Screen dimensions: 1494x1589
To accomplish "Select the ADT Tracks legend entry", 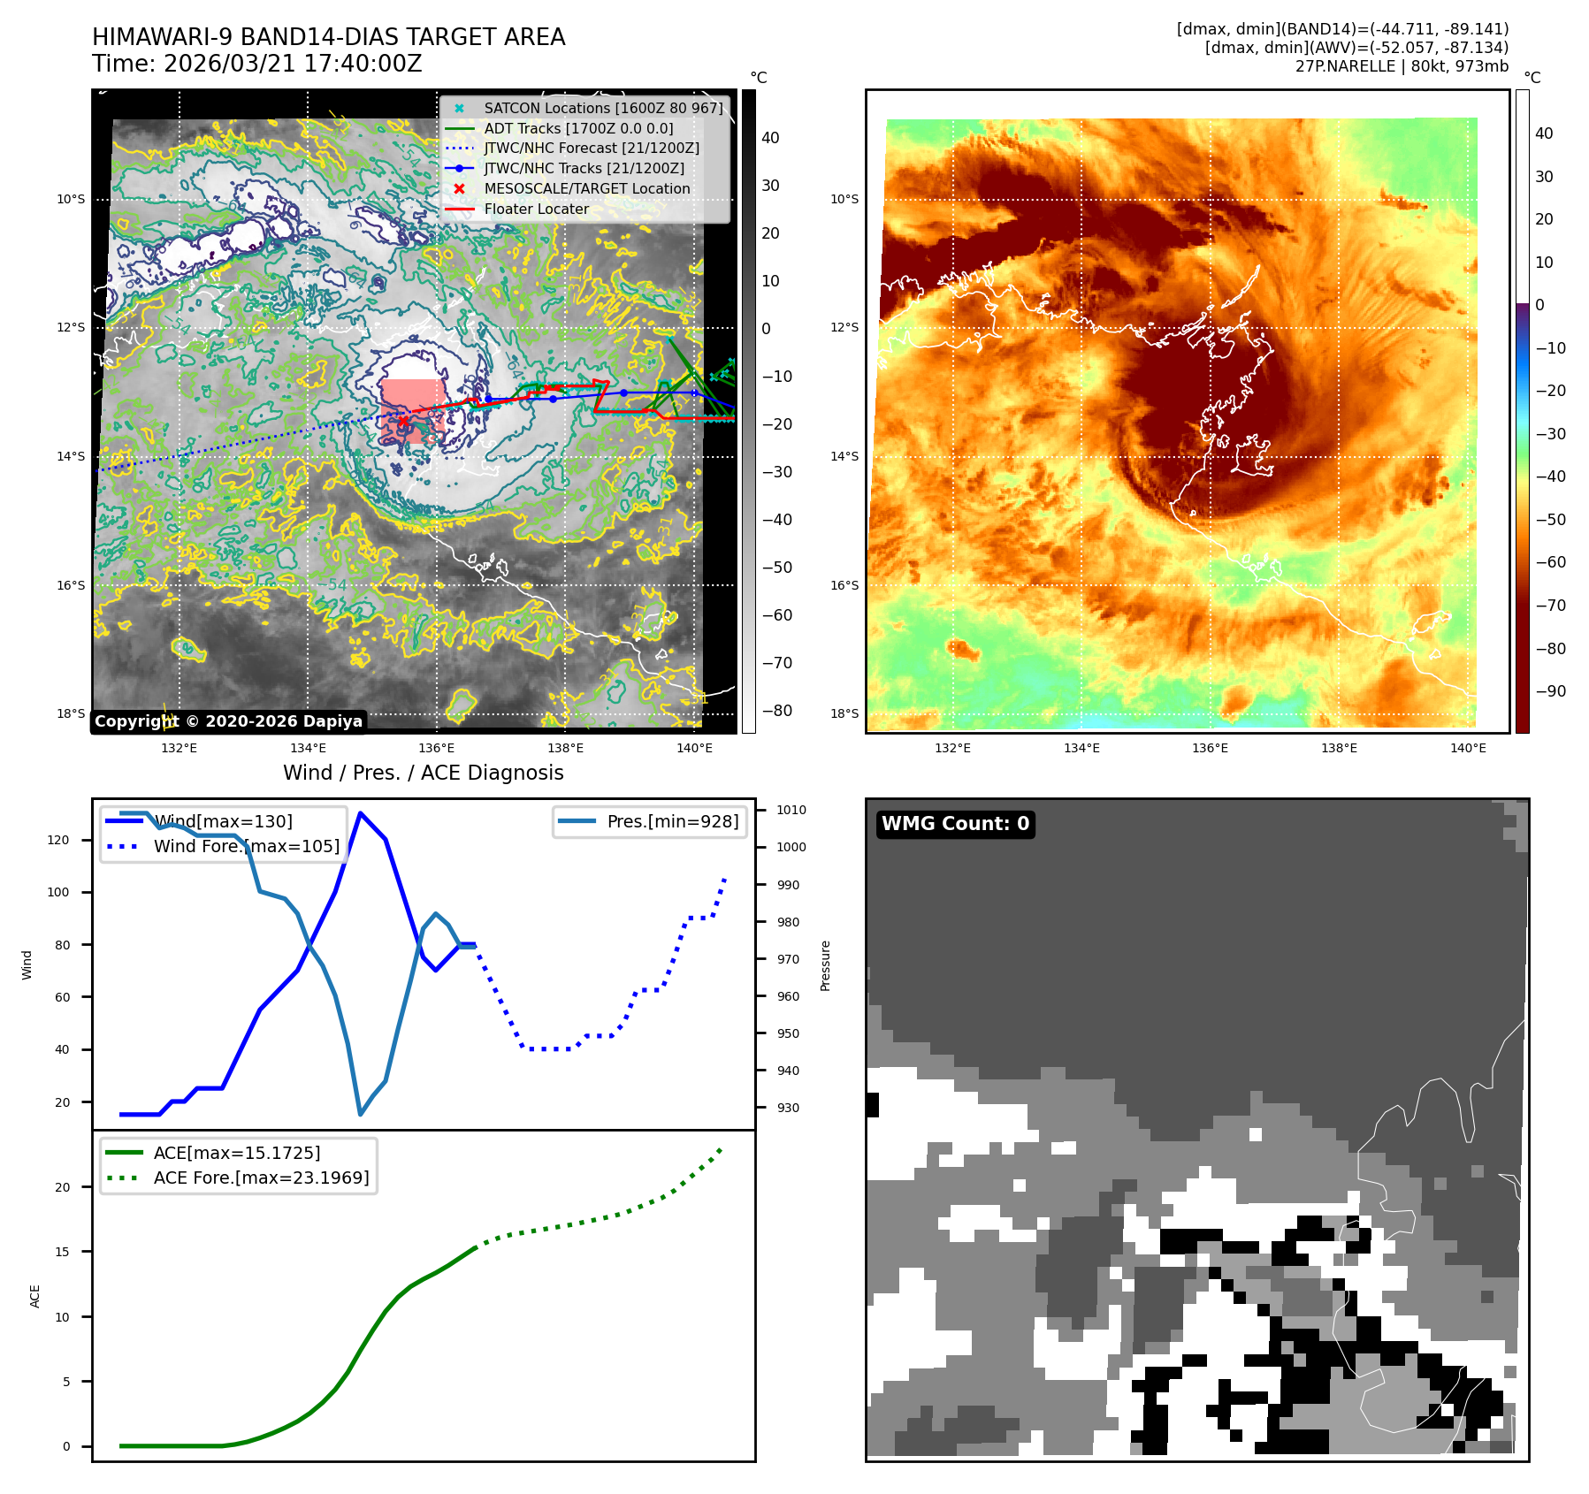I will pyautogui.click(x=578, y=128).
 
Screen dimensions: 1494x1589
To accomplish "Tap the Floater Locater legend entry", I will pyautogui.click(x=536, y=210).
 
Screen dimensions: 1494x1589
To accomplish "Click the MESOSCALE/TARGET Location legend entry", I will pyautogui.click(x=586, y=189).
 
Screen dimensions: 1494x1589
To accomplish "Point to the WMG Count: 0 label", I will pyautogui.click(x=955, y=824).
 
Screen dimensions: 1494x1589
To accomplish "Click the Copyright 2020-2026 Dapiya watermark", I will pyautogui.click(x=228, y=721).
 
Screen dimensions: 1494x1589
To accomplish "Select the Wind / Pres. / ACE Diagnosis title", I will pyautogui.click(x=423, y=773).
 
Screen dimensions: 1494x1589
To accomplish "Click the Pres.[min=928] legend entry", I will pyautogui.click(x=672, y=821).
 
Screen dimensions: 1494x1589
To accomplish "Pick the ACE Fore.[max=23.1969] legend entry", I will pyautogui.click(x=261, y=1178).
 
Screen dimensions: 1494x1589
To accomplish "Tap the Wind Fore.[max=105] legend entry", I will pyautogui.click(x=246, y=846).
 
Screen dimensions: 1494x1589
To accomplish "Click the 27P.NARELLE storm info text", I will pyautogui.click(x=1402, y=66).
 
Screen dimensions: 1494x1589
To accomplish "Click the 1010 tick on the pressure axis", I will pyautogui.click(x=791, y=810).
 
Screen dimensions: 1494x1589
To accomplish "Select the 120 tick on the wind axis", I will pyautogui.click(x=58, y=840).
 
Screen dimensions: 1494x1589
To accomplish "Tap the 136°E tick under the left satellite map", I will pyautogui.click(x=436, y=748).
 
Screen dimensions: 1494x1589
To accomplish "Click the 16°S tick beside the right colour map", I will pyautogui.click(x=844, y=585).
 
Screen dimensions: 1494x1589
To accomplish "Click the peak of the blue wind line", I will pyautogui.click(x=360, y=812).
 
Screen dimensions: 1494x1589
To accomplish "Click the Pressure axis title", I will pyautogui.click(x=825, y=965).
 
